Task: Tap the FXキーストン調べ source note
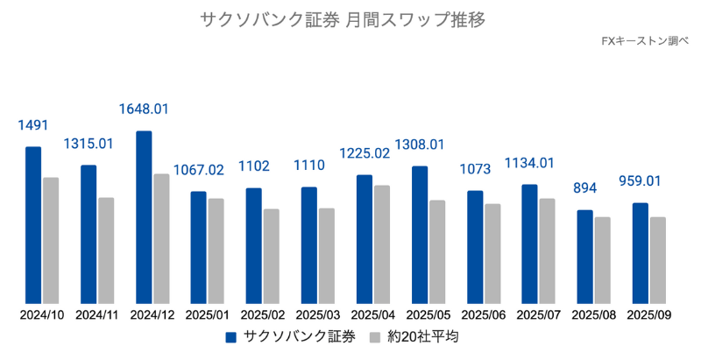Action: [646, 41]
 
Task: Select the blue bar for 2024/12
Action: [144, 217]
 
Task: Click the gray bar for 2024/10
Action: [51, 241]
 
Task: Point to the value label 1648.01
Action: [144, 109]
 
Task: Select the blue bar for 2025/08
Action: [584, 257]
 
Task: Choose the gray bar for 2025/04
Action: [382, 244]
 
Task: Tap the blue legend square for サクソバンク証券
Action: [232, 337]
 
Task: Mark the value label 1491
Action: [33, 124]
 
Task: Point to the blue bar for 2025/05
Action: [420, 235]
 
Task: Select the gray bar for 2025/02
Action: [272, 257]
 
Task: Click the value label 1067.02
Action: [199, 170]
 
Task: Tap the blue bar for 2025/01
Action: [199, 248]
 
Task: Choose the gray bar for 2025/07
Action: [547, 251]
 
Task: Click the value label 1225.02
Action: [365, 153]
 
